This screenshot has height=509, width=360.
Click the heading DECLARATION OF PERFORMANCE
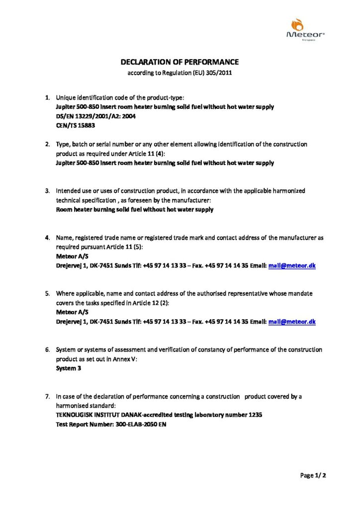point(180,62)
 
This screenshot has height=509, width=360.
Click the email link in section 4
point(292,266)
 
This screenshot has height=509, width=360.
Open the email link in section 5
point(292,322)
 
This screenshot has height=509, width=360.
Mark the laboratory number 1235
point(254,415)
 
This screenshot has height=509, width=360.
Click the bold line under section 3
point(135,210)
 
